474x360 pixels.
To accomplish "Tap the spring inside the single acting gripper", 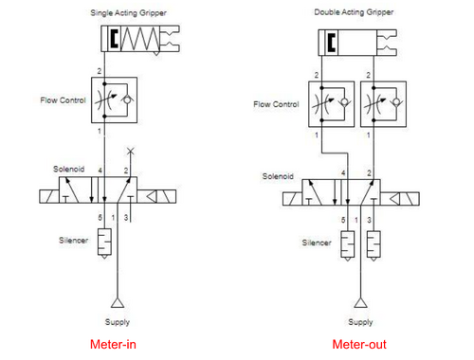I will (140, 39).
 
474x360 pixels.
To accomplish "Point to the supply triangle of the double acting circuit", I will (357, 303).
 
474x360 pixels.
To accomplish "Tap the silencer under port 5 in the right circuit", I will (347, 243).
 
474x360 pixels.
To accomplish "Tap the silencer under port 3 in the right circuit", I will (374, 243).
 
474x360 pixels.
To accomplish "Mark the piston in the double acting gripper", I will (332, 42).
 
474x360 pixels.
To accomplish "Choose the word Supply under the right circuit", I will (357, 322).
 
